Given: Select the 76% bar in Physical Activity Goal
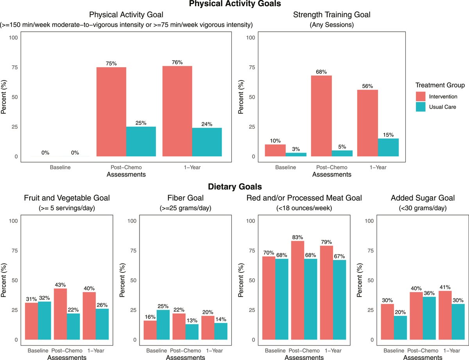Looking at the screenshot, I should pos(177,111).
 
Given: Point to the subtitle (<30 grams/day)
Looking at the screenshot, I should pos(416,208).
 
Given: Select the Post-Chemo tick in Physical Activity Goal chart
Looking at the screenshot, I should pos(126,167).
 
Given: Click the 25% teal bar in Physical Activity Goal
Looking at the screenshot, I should pos(141,141).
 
